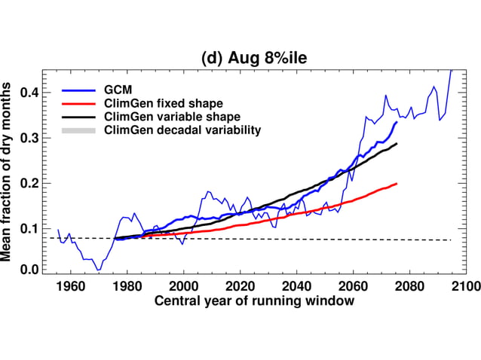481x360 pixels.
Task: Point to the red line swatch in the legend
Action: pyautogui.click(x=79, y=103)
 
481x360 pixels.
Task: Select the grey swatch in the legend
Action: pyautogui.click(x=79, y=130)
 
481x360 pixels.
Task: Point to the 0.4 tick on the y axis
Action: pyautogui.click(x=30, y=92)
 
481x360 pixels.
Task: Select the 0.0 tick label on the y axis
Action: pyautogui.click(x=30, y=269)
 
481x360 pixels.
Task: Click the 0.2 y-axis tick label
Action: pyautogui.click(x=30, y=183)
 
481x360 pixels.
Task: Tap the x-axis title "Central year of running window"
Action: pyautogui.click(x=254, y=301)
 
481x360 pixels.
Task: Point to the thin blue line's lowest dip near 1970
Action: pyautogui.click(x=98, y=269)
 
